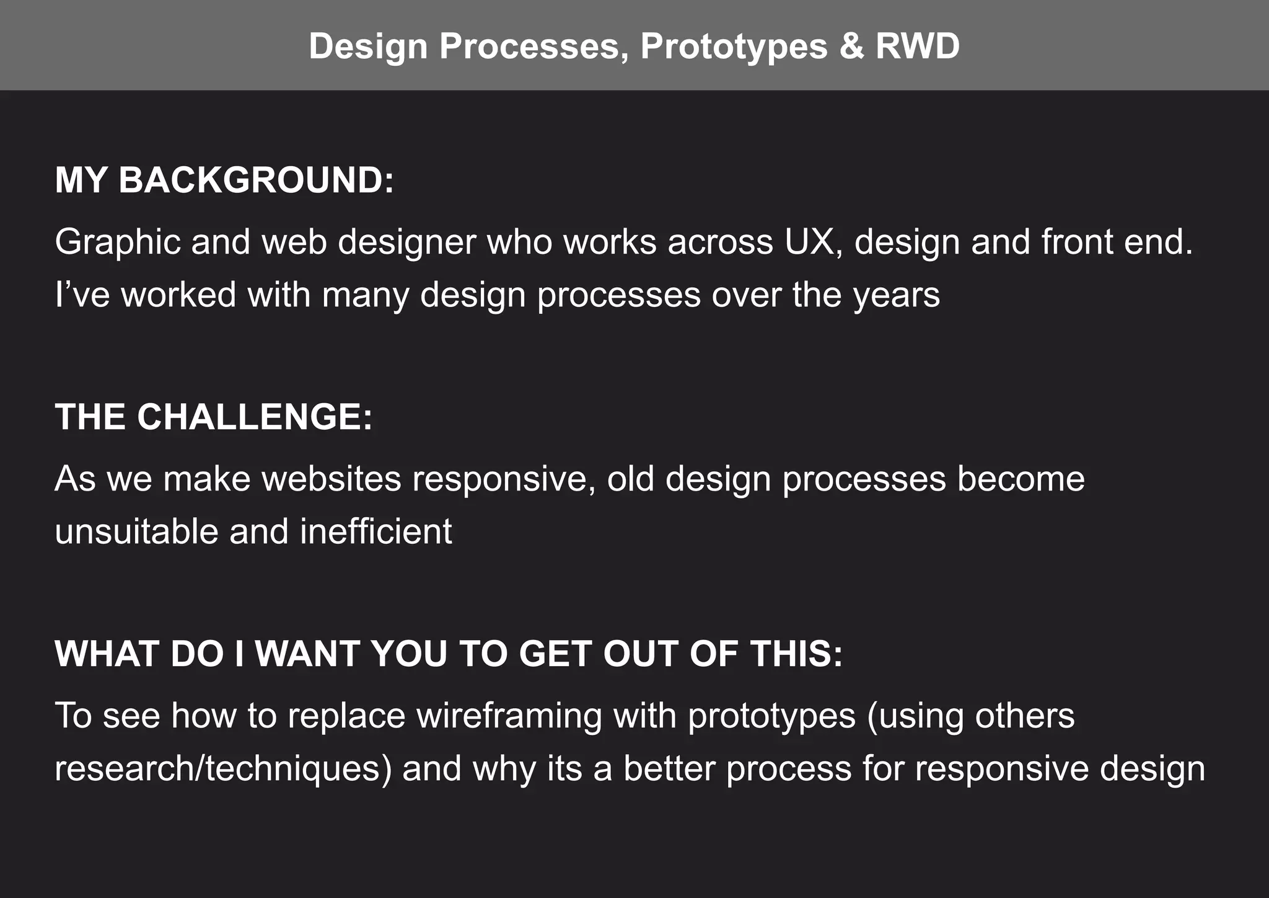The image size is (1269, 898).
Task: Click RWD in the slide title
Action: (917, 47)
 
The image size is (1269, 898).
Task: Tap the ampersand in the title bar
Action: (852, 47)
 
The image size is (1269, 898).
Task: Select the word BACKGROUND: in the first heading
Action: (256, 180)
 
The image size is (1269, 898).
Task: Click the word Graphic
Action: (117, 242)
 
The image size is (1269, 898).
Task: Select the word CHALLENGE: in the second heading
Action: (255, 417)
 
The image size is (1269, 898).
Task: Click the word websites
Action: (332, 479)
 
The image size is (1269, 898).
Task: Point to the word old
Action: (630, 479)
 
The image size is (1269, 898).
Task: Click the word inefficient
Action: (376, 531)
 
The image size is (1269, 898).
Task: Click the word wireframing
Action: (509, 716)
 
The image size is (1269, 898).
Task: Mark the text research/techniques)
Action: (223, 769)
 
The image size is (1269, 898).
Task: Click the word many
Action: (365, 295)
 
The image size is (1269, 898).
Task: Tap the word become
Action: (1021, 479)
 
